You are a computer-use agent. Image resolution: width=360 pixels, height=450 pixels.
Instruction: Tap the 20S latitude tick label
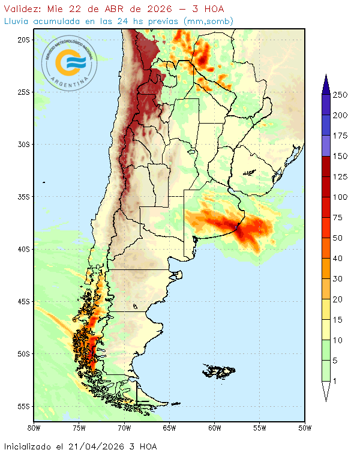23,40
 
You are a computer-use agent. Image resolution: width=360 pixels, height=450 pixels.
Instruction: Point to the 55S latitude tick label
23,406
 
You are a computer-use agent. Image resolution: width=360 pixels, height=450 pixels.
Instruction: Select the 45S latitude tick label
23,301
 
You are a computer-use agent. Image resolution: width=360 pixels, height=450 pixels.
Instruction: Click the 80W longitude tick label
34,428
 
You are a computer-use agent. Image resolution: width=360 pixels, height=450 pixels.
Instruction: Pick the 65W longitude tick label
169,428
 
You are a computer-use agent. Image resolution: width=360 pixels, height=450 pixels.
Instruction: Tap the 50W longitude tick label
305,428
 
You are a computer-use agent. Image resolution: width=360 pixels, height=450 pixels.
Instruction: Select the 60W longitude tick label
214,428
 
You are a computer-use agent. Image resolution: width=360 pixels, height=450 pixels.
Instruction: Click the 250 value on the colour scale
340,95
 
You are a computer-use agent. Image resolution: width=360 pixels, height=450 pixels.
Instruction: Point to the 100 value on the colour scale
340,197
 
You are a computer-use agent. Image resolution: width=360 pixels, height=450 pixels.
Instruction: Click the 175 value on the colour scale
340,136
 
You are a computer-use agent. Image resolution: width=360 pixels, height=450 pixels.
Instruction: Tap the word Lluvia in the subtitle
17,21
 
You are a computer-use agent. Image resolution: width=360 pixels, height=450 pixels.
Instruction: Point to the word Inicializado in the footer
32,446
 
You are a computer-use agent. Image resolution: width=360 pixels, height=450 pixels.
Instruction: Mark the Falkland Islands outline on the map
220,370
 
